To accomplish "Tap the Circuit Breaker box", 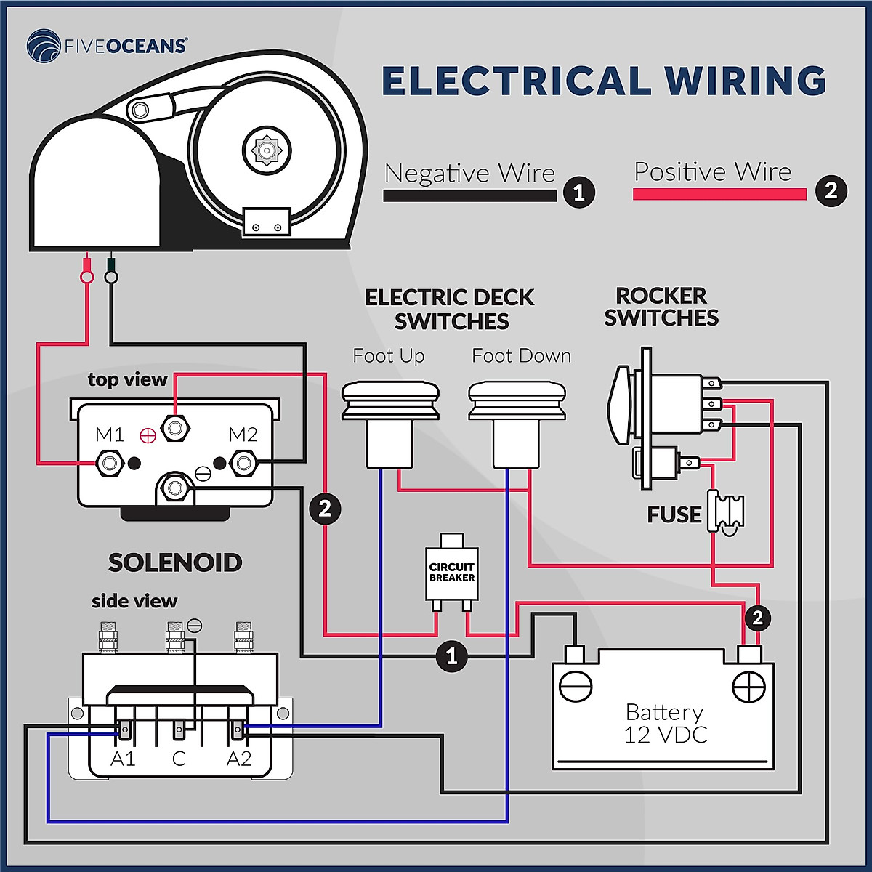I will click(451, 573).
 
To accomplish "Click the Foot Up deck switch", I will click(390, 424).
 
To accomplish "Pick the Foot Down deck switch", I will click(517, 424).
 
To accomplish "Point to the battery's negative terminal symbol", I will click(576, 686).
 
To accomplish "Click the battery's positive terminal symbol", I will click(748, 686).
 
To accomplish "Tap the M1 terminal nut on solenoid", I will click(110, 463).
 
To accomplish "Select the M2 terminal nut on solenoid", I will click(243, 463).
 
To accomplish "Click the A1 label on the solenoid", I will click(123, 759).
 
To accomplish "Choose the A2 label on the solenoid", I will click(239, 759).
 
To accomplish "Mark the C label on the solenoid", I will click(179, 759).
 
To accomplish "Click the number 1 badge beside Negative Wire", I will click(579, 193).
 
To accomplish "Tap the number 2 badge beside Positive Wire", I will click(831, 191).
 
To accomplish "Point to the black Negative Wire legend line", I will click(469, 195).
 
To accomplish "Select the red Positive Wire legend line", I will click(719, 194).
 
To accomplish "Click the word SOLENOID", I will click(175, 562).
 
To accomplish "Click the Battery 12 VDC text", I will click(665, 723).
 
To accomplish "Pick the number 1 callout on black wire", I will click(451, 656).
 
